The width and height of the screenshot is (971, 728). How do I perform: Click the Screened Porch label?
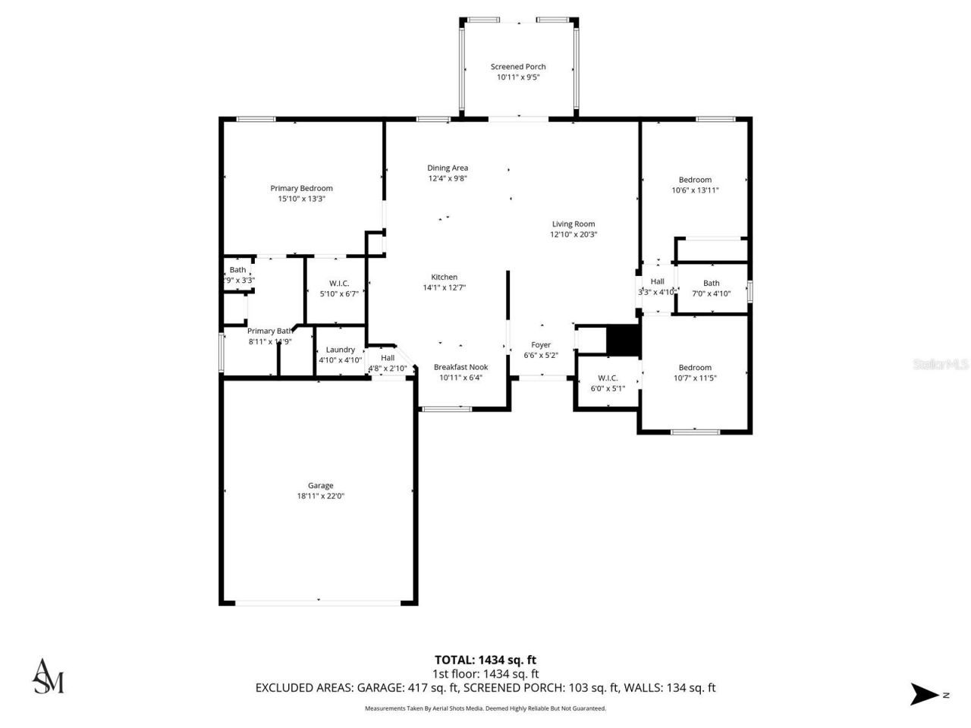click(x=518, y=67)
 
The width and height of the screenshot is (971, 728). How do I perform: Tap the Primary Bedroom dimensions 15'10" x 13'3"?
click(x=301, y=199)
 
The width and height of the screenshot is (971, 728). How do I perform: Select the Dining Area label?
click(x=448, y=168)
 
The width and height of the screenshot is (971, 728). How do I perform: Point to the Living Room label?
click(x=573, y=224)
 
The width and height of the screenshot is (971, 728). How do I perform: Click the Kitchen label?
click(x=445, y=277)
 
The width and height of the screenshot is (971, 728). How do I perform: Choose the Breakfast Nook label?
click(x=460, y=367)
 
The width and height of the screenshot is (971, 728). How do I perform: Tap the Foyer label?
click(x=541, y=345)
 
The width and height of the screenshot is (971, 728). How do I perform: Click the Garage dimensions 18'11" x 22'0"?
click(x=320, y=496)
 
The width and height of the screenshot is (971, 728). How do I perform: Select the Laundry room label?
click(x=340, y=350)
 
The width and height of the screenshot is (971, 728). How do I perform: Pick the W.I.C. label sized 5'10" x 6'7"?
click(x=339, y=284)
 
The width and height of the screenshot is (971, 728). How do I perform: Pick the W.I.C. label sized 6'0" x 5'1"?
click(x=608, y=378)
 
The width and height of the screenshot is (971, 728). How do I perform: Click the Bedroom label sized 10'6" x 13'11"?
click(x=695, y=180)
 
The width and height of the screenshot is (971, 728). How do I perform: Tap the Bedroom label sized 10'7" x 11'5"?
click(x=695, y=367)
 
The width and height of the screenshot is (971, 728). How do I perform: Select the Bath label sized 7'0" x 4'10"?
click(x=711, y=284)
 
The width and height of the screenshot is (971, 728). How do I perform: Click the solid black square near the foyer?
click(x=625, y=340)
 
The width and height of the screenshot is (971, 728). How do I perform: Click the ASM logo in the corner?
click(x=48, y=676)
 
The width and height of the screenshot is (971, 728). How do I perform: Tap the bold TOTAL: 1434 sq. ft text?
click(x=485, y=660)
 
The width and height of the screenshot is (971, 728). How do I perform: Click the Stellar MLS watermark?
click(x=941, y=365)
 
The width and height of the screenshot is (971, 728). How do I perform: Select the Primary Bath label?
click(x=270, y=331)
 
